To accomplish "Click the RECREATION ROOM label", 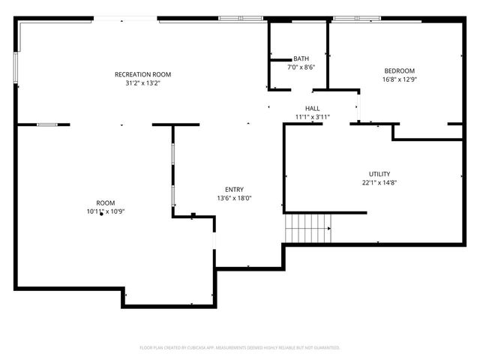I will tap(142, 74).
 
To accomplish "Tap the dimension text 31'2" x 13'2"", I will tap(142, 83).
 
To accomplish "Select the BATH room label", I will tap(301, 58).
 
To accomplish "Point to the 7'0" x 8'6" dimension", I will tap(301, 67).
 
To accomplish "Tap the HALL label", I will tap(312, 109).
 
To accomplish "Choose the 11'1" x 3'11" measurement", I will tap(312, 117).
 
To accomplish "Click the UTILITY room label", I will tap(379, 174).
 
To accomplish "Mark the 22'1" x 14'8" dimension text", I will tap(379, 182).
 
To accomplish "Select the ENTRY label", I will tap(234, 190).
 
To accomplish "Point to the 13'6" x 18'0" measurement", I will tap(234, 199).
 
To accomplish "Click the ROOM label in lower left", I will tap(105, 203).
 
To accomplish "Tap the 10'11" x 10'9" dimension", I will tap(105, 212).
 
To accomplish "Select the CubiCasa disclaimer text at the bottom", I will tap(240, 348).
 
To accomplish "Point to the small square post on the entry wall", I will tap(193, 215).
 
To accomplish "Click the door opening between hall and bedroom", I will tap(358, 106).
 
